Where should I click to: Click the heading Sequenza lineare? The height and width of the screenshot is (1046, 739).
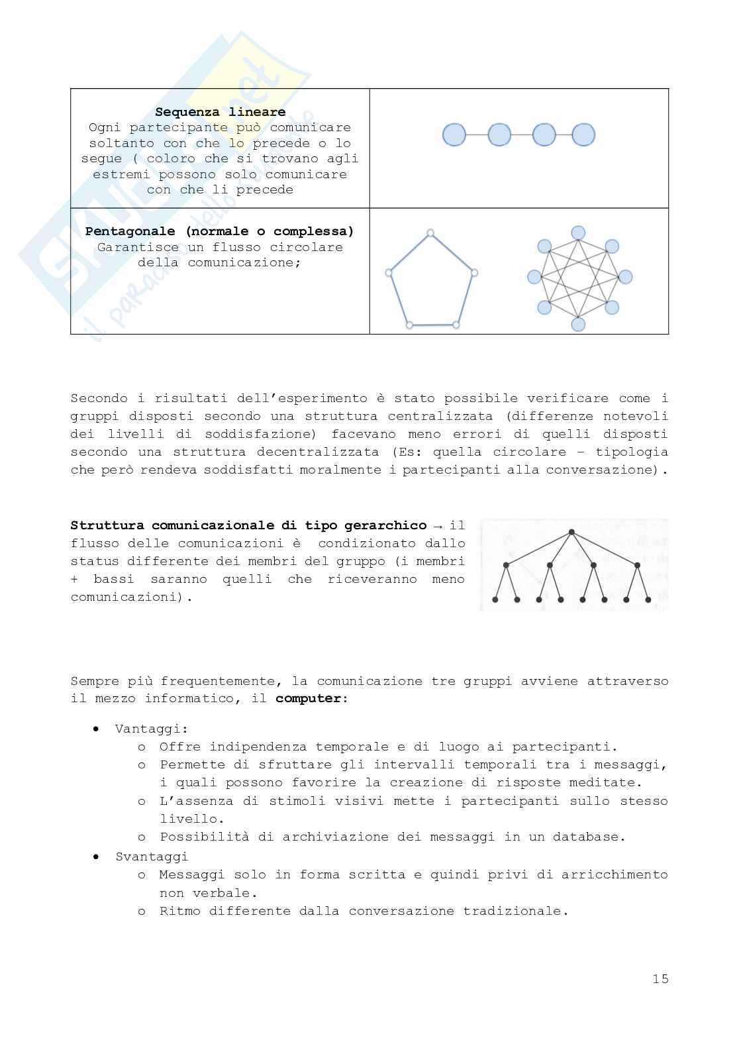pos(220,112)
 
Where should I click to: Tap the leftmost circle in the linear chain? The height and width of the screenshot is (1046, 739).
pos(454,135)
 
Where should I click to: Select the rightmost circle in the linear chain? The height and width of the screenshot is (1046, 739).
pos(583,135)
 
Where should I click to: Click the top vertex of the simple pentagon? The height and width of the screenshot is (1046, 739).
pos(430,233)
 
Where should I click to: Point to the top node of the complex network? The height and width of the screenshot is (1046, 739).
pos(578,233)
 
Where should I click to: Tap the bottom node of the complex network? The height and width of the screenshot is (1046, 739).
pos(578,324)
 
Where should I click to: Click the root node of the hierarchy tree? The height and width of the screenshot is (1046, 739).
pos(571,532)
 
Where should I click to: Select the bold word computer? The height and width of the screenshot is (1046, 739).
pos(309,699)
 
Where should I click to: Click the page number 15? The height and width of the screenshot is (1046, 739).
pos(660,978)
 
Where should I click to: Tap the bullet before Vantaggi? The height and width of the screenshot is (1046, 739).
pos(97,729)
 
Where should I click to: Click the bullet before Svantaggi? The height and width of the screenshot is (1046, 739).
pos(97,857)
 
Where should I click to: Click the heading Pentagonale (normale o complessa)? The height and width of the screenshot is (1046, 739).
pos(220,231)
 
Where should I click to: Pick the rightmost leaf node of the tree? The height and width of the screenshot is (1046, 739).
pos(648,600)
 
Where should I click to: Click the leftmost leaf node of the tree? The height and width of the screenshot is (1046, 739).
pos(495,600)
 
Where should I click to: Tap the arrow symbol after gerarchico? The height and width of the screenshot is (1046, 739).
pos(437,526)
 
